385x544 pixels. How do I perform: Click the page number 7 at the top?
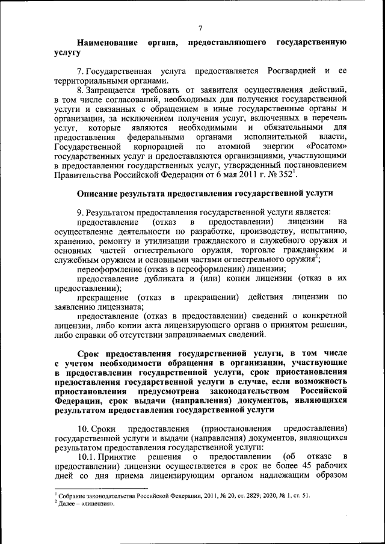[200, 27]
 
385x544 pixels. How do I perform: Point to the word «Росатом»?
[328, 146]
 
